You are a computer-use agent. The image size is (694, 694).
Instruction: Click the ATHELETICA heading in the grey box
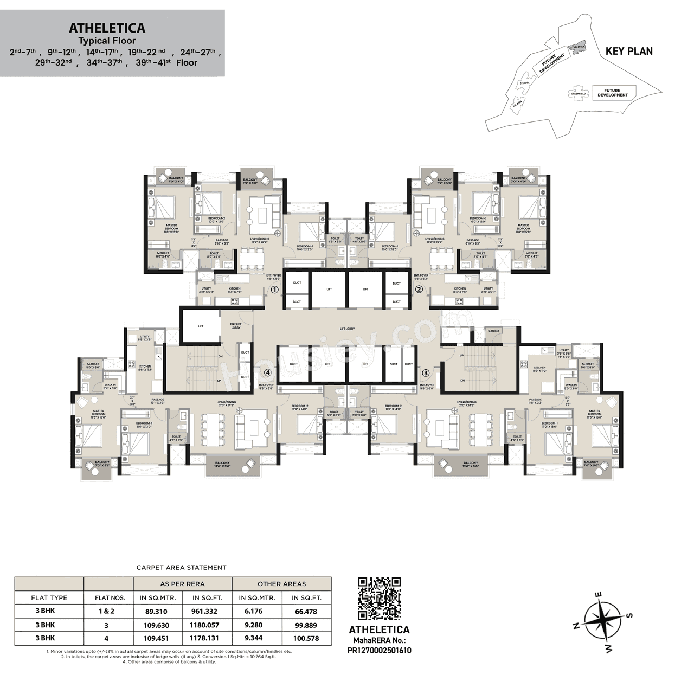[x=107, y=28]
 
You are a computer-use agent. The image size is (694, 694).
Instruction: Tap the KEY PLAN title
[x=629, y=51]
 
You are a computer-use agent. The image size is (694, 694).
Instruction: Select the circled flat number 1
[x=274, y=290]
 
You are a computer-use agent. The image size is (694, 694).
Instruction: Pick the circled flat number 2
[x=419, y=290]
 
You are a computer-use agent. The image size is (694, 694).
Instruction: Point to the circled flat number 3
[x=426, y=372]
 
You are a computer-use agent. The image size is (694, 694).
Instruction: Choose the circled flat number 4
[x=267, y=372]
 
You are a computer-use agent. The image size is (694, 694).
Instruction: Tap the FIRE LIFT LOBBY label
[x=235, y=325]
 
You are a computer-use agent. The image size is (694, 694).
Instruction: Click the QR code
[x=380, y=599]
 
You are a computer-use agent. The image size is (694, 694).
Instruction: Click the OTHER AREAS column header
[x=282, y=584]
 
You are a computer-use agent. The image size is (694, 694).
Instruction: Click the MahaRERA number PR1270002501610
[x=379, y=650]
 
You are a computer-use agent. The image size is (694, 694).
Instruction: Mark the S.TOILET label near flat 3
[x=493, y=330]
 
